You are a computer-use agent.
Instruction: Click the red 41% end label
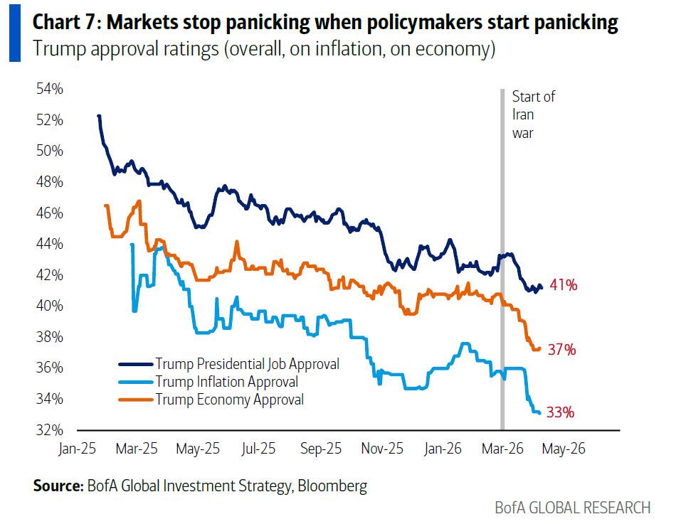click(x=562, y=286)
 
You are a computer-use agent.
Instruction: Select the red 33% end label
click(x=561, y=412)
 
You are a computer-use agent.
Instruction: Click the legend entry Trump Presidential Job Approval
click(x=247, y=364)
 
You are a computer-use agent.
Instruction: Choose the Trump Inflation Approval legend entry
click(x=226, y=382)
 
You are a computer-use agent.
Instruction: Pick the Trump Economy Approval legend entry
click(x=229, y=400)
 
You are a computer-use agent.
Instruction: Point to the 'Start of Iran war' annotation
click(x=533, y=114)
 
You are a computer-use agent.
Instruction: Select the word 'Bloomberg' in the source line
click(x=332, y=486)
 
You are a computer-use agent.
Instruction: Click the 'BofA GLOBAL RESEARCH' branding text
click(x=572, y=508)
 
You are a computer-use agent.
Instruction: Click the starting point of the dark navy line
click(x=98, y=115)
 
